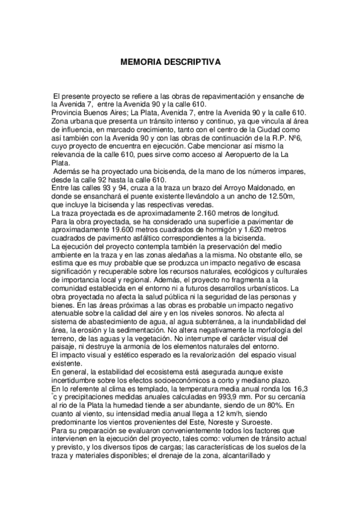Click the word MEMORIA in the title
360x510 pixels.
click(x=142, y=62)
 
